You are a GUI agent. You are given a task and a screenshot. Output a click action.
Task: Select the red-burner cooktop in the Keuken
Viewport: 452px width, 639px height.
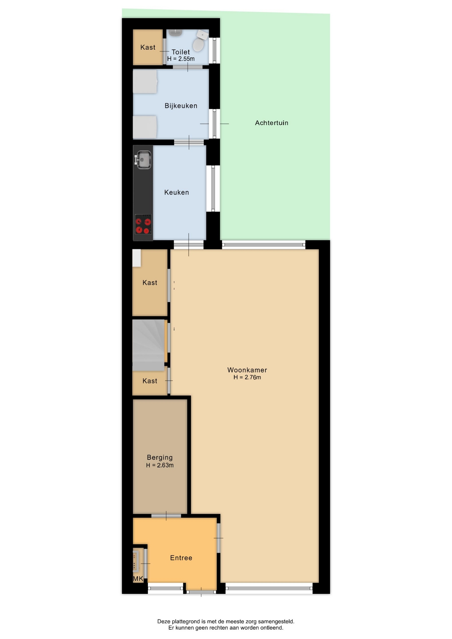[143, 224]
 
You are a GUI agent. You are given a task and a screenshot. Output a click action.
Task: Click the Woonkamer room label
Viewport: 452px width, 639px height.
[247, 370]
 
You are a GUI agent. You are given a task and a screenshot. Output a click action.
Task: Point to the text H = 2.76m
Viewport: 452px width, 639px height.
[247, 377]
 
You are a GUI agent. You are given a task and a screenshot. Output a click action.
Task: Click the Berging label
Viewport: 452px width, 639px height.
[160, 458]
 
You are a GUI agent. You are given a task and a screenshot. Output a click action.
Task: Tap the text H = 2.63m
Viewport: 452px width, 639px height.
[160, 465]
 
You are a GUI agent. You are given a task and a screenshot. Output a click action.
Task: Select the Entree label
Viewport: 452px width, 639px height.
[181, 558]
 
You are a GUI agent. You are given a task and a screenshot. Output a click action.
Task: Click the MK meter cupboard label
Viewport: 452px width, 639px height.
[138, 579]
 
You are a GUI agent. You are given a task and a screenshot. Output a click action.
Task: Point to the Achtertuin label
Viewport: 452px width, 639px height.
[272, 123]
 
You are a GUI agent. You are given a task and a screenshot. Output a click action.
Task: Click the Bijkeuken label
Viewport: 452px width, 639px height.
[181, 106]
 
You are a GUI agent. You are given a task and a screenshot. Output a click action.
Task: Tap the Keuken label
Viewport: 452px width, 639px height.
[176, 192]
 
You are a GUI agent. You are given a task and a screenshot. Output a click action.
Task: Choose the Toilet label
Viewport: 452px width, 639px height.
[181, 52]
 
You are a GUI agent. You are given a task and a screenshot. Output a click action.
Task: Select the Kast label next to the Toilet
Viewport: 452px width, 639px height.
[148, 47]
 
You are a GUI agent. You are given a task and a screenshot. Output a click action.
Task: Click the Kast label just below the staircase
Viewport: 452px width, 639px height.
[150, 381]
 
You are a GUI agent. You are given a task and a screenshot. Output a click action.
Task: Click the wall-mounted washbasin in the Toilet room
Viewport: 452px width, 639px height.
[175, 32]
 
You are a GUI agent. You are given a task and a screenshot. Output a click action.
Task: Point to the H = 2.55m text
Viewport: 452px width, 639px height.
[181, 59]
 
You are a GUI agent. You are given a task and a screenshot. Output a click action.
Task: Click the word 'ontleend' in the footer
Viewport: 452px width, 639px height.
[272, 628]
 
